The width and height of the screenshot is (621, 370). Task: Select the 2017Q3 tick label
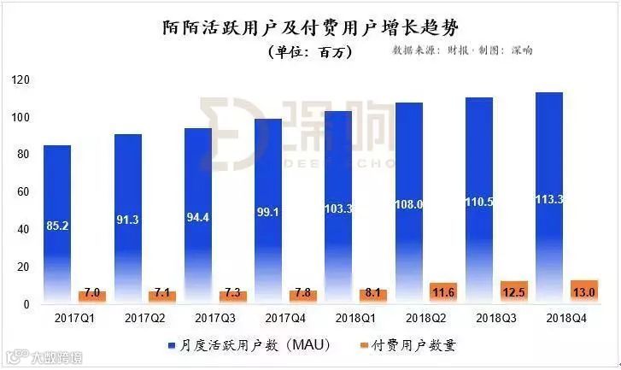click(215, 318)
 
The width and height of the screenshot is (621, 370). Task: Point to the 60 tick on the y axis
click(24, 192)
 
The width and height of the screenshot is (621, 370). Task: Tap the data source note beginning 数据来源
click(462, 50)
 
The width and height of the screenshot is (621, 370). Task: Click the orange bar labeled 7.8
click(303, 296)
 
